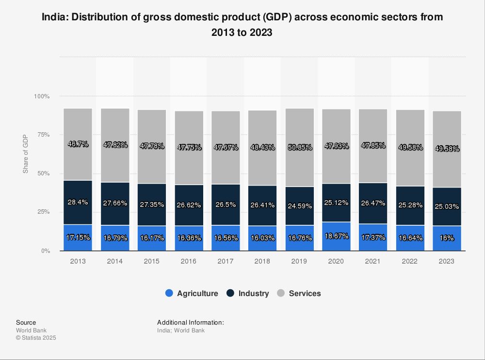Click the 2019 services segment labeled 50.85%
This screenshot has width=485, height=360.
pyautogui.click(x=299, y=147)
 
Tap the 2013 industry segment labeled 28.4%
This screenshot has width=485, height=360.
pyautogui.click(x=78, y=202)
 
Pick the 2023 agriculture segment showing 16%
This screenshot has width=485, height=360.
pyautogui.click(x=447, y=238)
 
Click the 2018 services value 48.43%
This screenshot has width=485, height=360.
pyautogui.click(x=262, y=147)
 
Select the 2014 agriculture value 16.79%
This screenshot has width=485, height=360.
pyautogui.click(x=115, y=238)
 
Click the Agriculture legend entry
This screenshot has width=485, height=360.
pyautogui.click(x=192, y=293)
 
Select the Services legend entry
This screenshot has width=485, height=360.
pyautogui.click(x=299, y=293)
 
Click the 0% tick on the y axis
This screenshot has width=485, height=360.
pyautogui.click(x=45, y=251)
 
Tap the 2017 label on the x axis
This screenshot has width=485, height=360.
pyautogui.click(x=226, y=261)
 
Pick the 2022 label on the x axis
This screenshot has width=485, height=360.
pyautogui.click(x=410, y=261)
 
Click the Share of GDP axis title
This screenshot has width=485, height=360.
pyautogui.click(x=26, y=154)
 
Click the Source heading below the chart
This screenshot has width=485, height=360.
pyautogui.click(x=26, y=322)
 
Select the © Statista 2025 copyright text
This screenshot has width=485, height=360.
pyautogui.click(x=36, y=338)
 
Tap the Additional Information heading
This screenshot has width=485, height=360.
pyautogui.click(x=190, y=322)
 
